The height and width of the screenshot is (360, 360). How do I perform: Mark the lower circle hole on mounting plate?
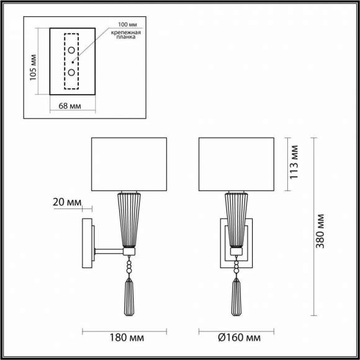pyautogui.click(x=72, y=73)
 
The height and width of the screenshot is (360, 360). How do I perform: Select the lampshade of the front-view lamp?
pyautogui.click(x=235, y=164)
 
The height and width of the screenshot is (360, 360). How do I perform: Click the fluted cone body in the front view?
pyautogui.click(x=235, y=218)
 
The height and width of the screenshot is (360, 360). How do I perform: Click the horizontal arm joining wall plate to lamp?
pyautogui.click(x=109, y=251)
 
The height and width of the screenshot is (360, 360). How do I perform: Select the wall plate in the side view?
pyautogui.click(x=88, y=243)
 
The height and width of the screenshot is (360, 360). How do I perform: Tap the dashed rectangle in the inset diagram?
pyautogui.click(x=72, y=61)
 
